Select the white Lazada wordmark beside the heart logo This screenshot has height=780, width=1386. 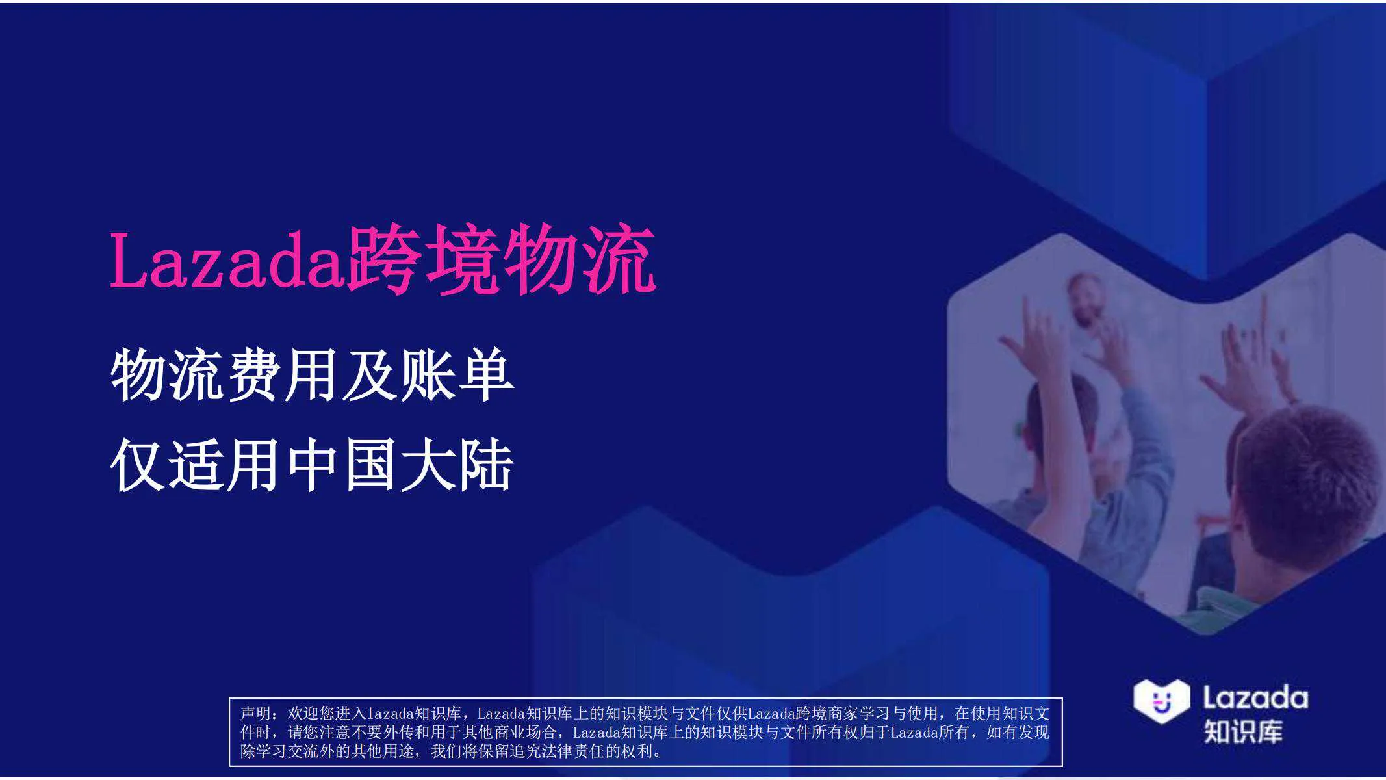click(x=1255, y=698)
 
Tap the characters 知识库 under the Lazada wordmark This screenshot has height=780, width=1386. click(x=1243, y=732)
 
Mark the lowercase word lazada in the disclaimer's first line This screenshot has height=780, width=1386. click(x=391, y=714)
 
